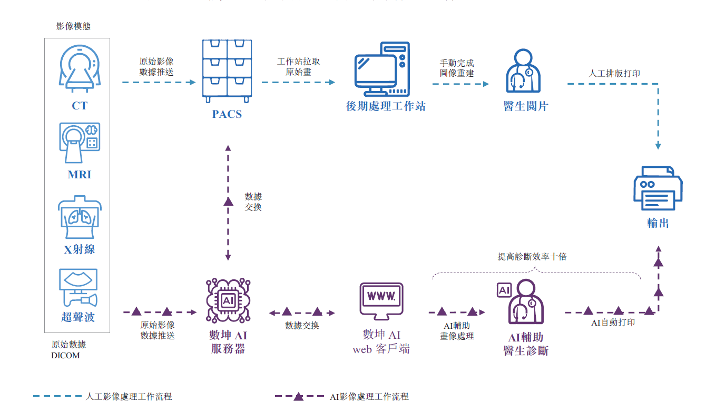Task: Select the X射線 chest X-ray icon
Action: click(x=79, y=217)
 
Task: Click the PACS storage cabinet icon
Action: click(x=227, y=71)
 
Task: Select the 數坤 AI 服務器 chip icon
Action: click(x=228, y=301)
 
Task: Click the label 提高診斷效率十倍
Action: click(x=532, y=257)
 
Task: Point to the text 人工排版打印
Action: click(x=614, y=74)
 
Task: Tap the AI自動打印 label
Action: click(x=613, y=323)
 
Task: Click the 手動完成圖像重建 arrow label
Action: click(x=457, y=68)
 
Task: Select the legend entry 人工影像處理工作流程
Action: click(x=129, y=397)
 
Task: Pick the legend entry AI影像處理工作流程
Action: click(x=369, y=397)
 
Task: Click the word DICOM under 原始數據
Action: click(x=65, y=356)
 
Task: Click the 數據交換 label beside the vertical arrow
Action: click(x=253, y=202)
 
